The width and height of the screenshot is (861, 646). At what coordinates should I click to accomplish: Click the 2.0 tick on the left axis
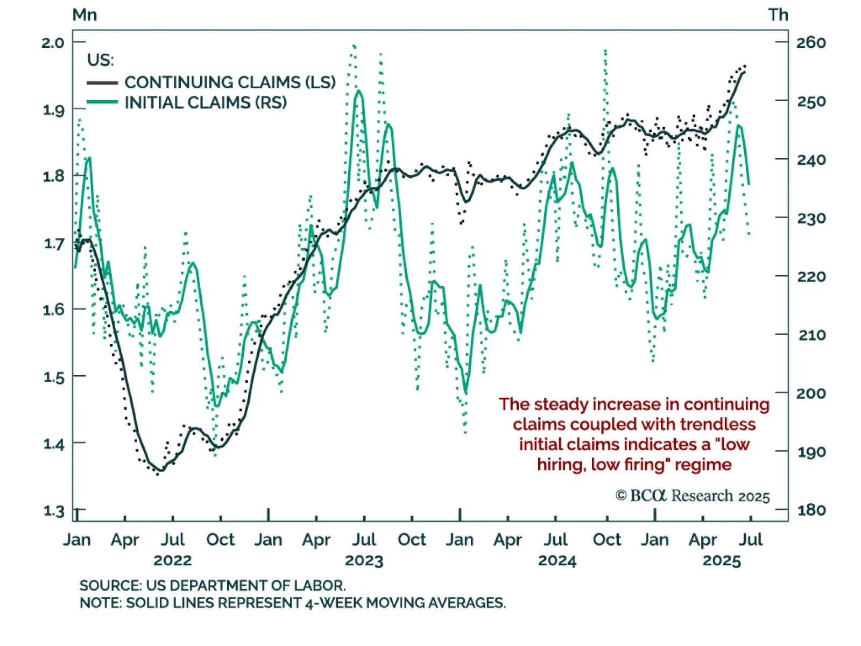click(53, 43)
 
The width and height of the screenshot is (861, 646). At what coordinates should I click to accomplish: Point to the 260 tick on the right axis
click(811, 43)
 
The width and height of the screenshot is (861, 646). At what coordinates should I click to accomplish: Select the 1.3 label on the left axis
click(53, 510)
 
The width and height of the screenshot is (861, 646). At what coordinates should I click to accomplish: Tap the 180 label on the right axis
click(811, 510)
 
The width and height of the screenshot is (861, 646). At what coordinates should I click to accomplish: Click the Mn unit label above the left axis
click(84, 15)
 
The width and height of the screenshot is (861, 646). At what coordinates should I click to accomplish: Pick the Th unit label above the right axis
click(778, 15)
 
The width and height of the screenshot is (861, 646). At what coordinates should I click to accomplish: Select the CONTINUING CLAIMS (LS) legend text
click(230, 82)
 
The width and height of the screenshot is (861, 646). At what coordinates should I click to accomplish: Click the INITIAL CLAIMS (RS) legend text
click(206, 102)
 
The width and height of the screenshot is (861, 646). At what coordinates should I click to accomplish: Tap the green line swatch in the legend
click(102, 102)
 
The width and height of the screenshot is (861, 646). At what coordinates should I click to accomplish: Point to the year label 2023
click(364, 560)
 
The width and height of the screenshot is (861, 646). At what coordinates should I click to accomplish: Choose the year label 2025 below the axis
click(722, 560)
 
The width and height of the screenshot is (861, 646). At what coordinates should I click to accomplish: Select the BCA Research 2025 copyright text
click(693, 496)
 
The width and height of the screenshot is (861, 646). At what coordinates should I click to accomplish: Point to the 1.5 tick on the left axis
click(53, 377)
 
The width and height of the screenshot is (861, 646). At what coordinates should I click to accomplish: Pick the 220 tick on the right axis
click(811, 277)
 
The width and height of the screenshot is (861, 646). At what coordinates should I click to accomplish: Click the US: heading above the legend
click(101, 60)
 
